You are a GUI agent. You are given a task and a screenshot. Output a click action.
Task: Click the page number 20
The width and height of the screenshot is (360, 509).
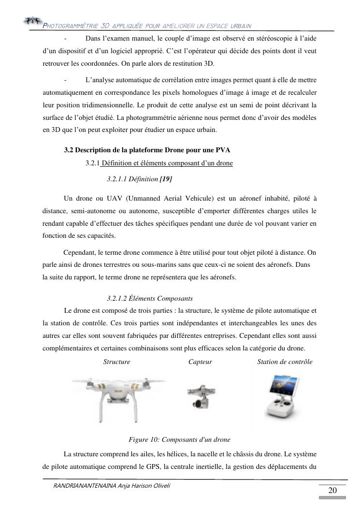[332, 491]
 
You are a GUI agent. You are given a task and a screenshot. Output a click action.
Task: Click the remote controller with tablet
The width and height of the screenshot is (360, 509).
[284, 395]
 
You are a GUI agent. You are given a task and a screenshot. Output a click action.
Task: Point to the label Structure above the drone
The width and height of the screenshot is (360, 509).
[116, 362]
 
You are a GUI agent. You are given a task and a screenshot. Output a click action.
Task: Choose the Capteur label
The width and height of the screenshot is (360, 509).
[200, 362]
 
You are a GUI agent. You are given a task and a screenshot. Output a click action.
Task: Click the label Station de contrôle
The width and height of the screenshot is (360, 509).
[285, 362]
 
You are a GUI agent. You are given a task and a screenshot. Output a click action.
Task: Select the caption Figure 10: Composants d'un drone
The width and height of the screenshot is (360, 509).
[179, 439]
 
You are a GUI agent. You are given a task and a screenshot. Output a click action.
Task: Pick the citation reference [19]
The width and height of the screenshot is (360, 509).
[166, 179]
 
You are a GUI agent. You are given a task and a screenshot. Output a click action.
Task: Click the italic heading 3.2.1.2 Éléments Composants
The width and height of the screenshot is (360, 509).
[150, 298]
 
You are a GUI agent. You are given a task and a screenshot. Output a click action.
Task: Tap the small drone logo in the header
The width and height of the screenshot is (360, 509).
[31, 20]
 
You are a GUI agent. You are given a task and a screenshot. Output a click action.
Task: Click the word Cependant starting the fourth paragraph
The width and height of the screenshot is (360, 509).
[80, 252]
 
